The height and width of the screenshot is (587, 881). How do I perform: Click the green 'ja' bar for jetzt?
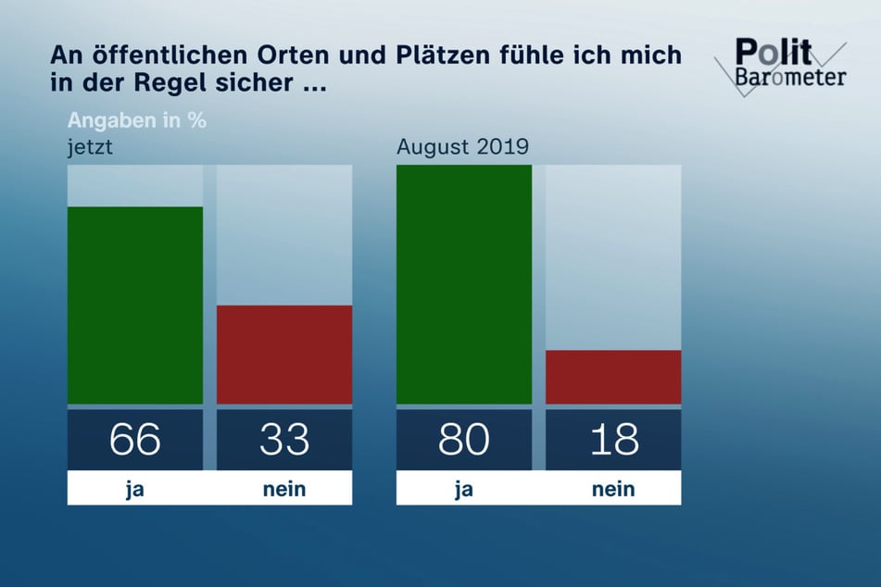135,306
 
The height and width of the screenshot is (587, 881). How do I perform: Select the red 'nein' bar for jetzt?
284,355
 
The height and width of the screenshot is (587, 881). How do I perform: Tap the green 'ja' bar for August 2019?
464,284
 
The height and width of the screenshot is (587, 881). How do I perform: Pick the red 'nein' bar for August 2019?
613,377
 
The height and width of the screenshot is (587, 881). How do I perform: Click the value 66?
135,440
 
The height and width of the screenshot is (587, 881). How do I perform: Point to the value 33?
284,440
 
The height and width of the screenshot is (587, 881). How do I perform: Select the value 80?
464,440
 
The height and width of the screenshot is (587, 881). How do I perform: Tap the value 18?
613,440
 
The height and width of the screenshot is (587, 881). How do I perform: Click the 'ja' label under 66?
135,489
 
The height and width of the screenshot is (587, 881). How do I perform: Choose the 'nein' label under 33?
284,489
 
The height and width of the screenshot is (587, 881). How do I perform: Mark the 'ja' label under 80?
464,489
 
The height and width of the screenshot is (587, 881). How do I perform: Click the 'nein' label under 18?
613,489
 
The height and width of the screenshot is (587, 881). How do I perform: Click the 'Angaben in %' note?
136,121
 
